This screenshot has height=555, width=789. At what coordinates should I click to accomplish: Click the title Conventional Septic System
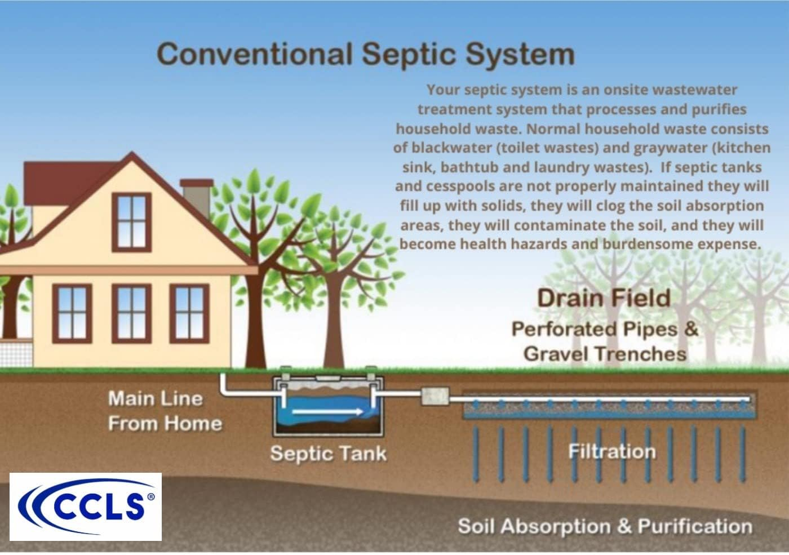(x=366, y=55)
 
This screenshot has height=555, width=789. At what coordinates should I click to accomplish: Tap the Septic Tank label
(x=328, y=453)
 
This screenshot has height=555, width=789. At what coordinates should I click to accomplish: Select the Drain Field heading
(x=604, y=298)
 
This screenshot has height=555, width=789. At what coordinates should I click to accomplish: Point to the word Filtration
(x=611, y=451)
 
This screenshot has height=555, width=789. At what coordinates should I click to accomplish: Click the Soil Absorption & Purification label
(x=605, y=526)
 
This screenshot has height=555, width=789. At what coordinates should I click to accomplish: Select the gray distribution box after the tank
(x=435, y=396)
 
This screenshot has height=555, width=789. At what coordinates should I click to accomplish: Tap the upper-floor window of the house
(x=131, y=221)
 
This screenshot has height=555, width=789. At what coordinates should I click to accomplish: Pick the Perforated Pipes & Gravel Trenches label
(x=605, y=341)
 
